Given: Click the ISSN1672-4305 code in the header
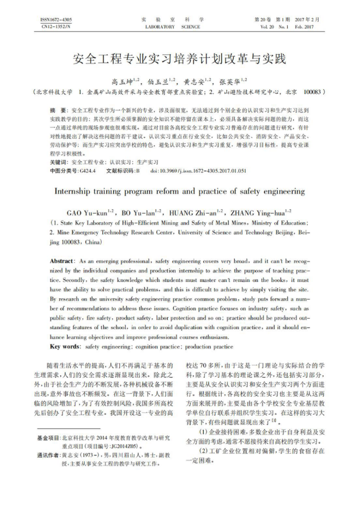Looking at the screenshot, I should (x=56, y=20).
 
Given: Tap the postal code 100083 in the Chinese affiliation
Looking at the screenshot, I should (x=314, y=92).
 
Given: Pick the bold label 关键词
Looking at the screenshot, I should (x=58, y=163).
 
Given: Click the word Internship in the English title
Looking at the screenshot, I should (x=74, y=191).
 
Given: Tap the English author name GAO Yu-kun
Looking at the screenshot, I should (x=87, y=213).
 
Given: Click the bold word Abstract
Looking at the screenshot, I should (x=61, y=261).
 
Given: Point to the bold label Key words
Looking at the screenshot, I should (x=65, y=347).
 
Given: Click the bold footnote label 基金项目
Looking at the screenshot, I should (x=49, y=437).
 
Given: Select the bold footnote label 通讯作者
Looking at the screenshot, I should (x=49, y=456).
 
